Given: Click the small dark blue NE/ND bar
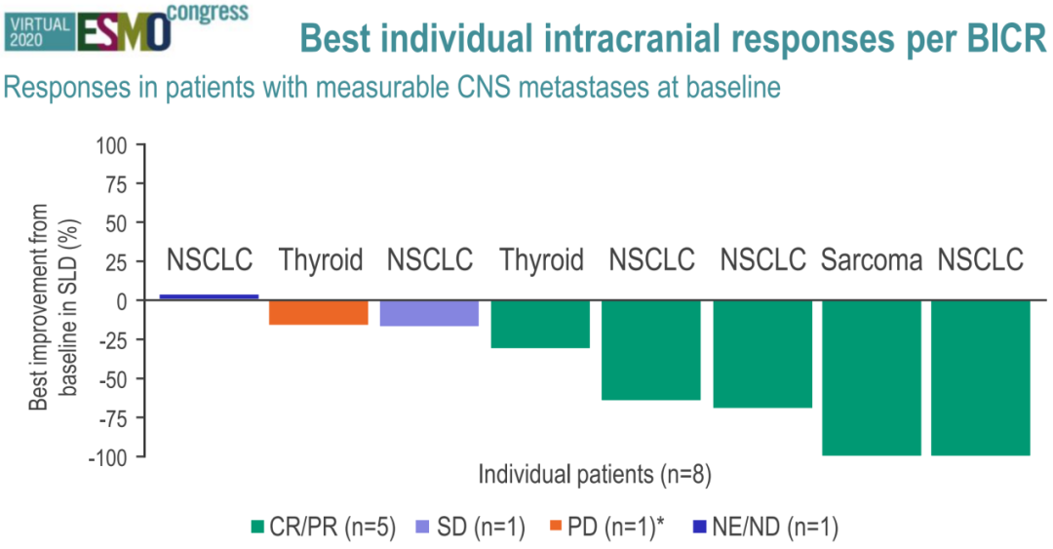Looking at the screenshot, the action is (209, 296).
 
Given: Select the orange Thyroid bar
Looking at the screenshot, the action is (318, 312).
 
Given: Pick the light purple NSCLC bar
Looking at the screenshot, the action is (429, 313).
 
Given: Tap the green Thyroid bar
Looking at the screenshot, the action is (540, 324).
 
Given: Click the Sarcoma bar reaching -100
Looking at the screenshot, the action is (872, 377).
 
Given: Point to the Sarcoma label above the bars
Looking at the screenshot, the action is (872, 260).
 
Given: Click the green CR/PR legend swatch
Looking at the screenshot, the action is (257, 527).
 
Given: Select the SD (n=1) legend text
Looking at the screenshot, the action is (481, 527).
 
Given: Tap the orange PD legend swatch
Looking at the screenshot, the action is (556, 527).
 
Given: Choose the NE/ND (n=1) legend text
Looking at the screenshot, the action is (775, 527).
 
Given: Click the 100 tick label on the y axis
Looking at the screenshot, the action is (111, 145).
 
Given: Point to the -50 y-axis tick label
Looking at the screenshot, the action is (111, 379).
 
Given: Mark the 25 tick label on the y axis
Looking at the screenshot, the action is (116, 262).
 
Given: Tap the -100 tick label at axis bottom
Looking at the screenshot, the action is (106, 457).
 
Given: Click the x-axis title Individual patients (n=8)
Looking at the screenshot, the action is (595, 475).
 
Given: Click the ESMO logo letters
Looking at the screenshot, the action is (125, 32).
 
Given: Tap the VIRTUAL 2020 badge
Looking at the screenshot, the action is (40, 32).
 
